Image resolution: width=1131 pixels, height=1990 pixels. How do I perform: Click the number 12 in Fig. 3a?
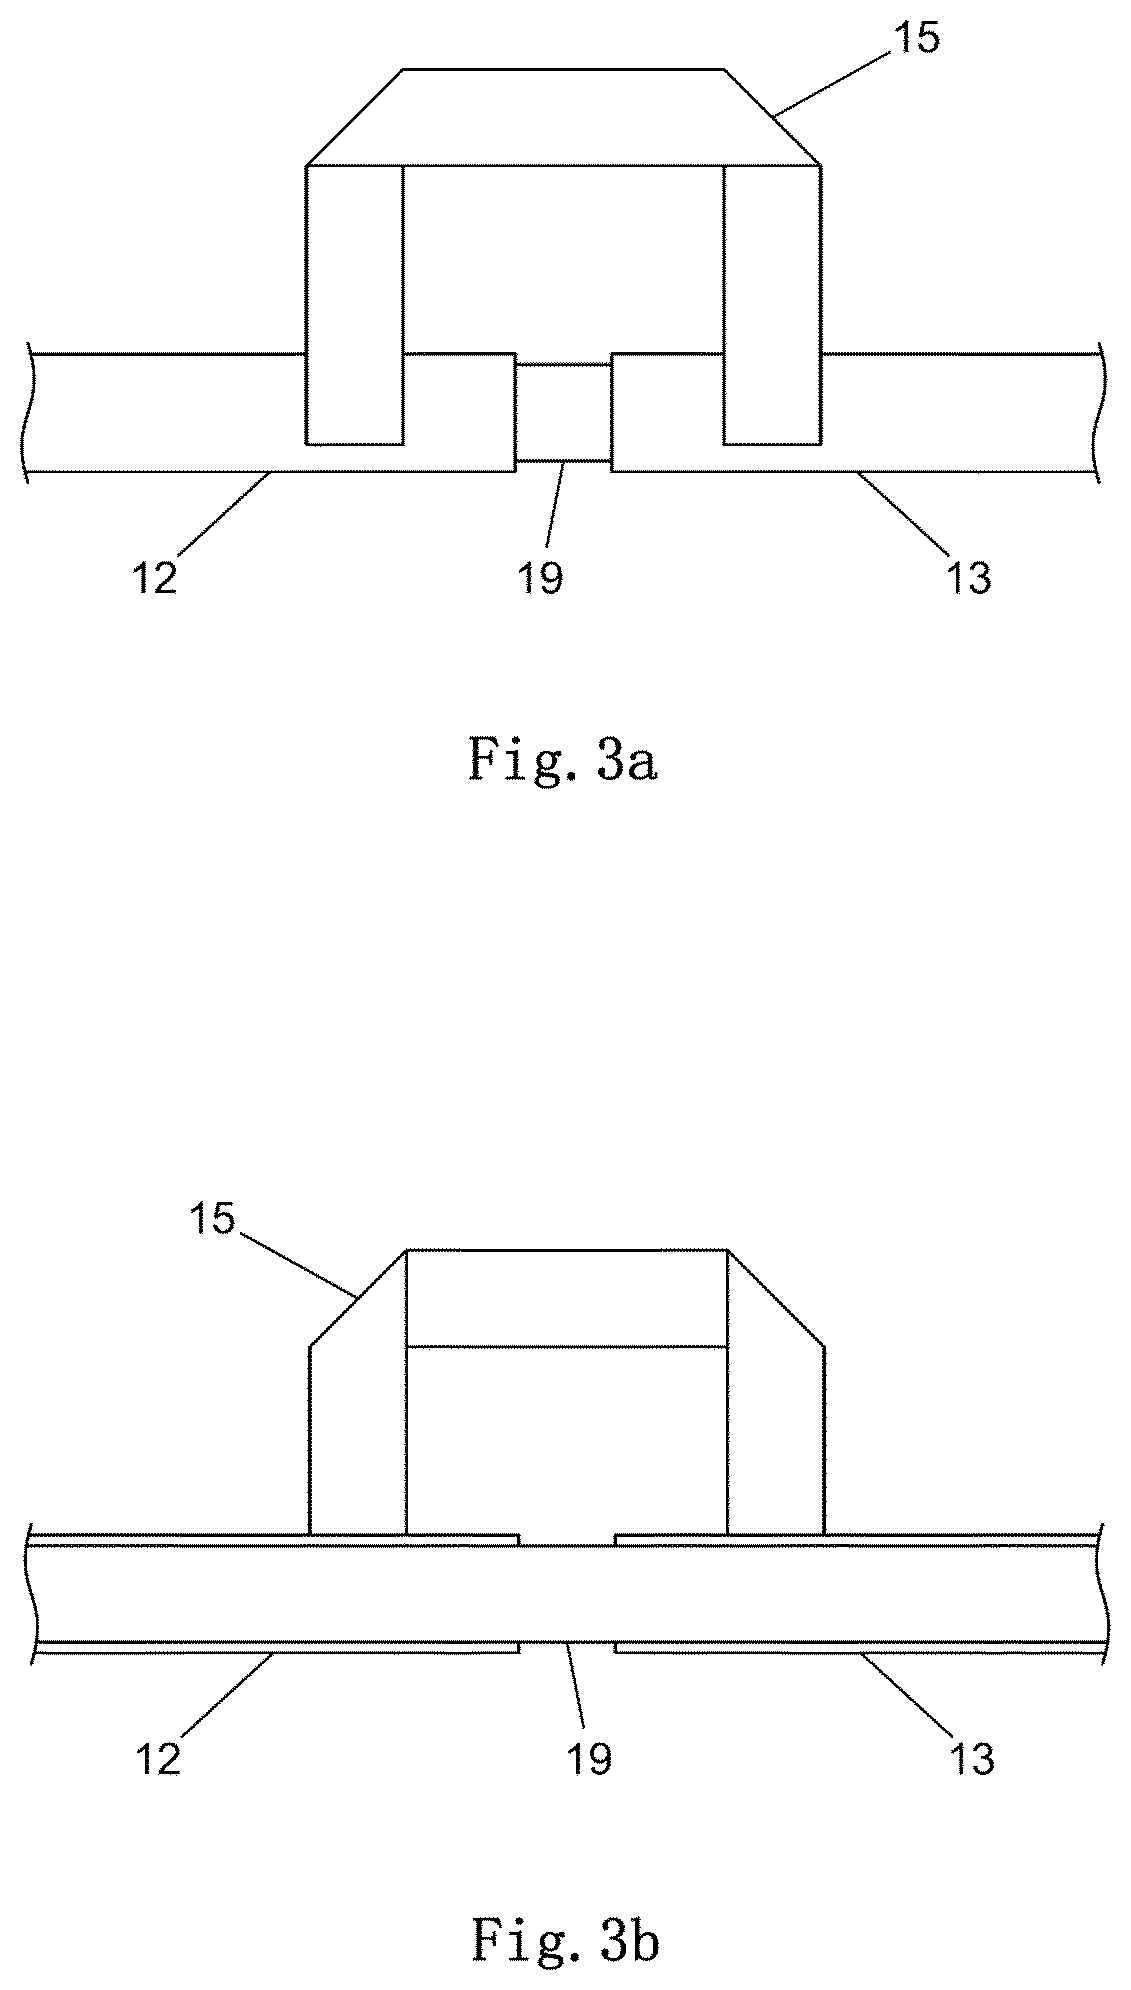pos(155,577)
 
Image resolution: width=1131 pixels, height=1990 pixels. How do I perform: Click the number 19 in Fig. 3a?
pos(541,577)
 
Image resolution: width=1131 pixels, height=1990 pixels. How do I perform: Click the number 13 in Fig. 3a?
pos(969,577)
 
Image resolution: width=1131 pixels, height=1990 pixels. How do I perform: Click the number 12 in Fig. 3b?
pos(159,1757)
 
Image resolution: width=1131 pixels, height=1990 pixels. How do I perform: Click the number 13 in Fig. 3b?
pos(972,1757)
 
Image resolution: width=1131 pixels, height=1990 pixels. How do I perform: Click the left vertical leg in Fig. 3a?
pos(355,304)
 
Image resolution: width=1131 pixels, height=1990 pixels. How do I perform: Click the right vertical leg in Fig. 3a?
pos(773,304)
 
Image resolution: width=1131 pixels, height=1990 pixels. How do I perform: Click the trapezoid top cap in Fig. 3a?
pos(564,117)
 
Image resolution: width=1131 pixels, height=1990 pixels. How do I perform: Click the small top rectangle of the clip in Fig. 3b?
pos(567,1298)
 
